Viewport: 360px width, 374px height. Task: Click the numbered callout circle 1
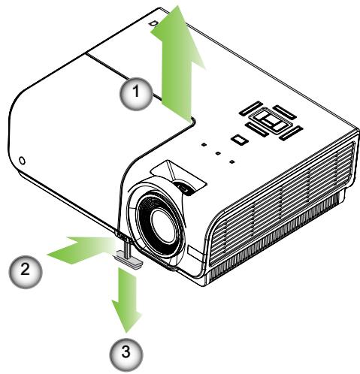[x=135, y=95]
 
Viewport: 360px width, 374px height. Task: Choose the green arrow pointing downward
[x=126, y=300]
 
